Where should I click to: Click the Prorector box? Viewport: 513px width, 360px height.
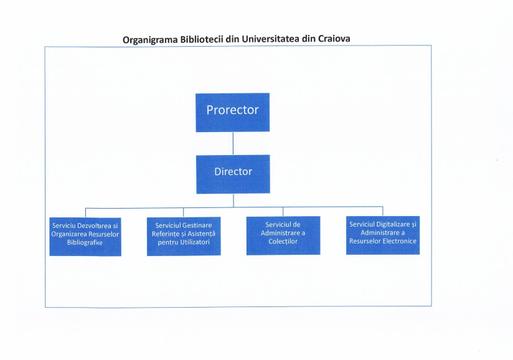233,113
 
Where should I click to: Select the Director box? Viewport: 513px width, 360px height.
233,174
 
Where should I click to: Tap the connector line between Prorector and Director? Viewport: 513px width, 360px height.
233,143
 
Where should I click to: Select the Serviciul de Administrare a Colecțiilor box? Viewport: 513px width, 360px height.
283,235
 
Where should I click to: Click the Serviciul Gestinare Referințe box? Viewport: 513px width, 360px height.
184,236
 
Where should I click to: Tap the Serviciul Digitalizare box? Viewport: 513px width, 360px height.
383,235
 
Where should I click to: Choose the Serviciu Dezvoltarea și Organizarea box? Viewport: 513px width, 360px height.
85,237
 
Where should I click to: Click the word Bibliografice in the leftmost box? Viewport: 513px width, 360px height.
85,242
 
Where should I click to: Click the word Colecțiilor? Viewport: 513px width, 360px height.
283,242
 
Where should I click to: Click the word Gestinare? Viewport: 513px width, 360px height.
197,225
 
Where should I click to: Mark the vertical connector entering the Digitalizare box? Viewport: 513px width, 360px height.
383,211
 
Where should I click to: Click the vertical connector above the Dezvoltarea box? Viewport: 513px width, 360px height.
85,213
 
